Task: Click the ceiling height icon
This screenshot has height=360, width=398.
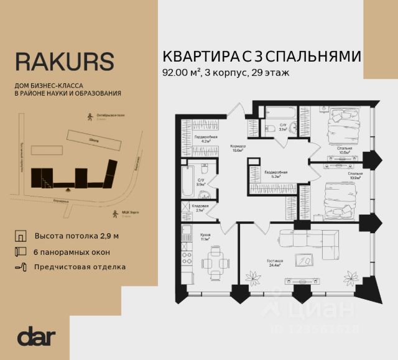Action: [x=21, y=237]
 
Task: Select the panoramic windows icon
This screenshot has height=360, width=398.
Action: [x=21, y=252]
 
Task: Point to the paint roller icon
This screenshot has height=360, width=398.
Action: [x=21, y=267]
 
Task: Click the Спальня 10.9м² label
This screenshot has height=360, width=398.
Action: [x=356, y=175]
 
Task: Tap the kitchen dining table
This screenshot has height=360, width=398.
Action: [x=213, y=265]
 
